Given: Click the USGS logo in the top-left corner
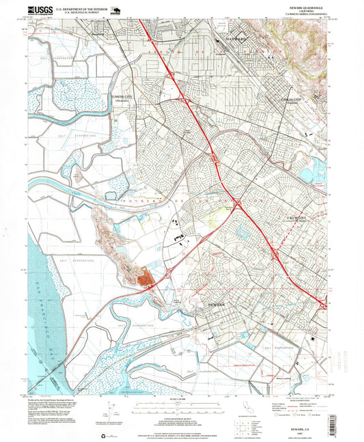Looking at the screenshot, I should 40,10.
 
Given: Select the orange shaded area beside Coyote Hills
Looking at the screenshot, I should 145,277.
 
